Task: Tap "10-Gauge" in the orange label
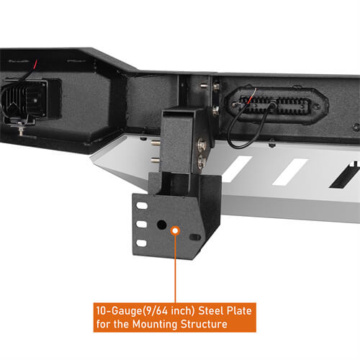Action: tap(118, 312)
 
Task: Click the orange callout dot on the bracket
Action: tap(175, 229)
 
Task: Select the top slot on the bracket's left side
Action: tap(143, 206)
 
